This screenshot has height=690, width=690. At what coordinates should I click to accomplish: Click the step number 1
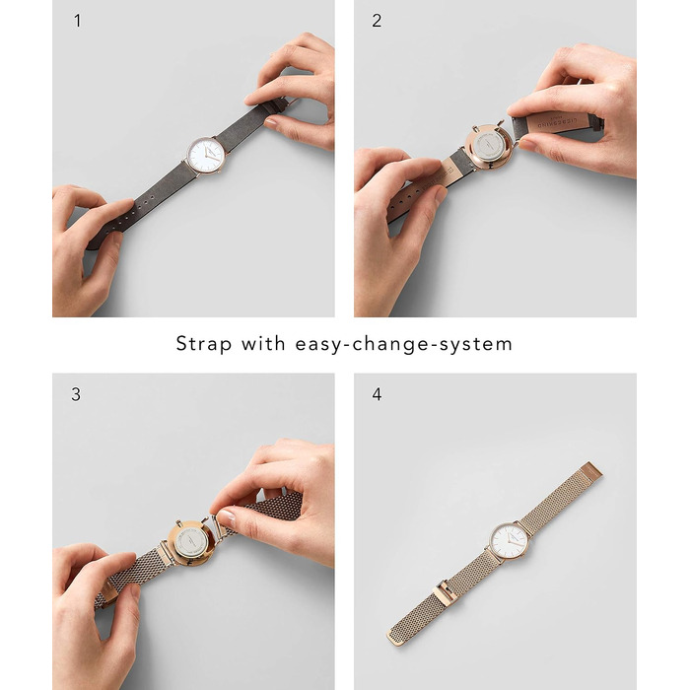click(78, 21)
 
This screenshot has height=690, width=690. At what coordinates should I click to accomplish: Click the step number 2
click(377, 21)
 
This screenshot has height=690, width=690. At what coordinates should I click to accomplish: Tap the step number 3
click(76, 394)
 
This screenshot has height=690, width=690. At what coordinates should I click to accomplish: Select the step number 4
click(377, 394)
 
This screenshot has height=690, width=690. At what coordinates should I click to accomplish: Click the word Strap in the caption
click(204, 344)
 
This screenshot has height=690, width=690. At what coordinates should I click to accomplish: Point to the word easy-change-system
click(404, 344)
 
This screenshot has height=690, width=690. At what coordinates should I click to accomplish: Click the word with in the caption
click(263, 343)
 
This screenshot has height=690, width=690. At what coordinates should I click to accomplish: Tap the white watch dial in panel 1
click(206, 156)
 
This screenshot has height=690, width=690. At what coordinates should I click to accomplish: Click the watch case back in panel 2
click(489, 148)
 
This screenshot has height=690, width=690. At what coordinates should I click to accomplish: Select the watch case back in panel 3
click(191, 543)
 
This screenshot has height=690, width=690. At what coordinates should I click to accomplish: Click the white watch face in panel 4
click(510, 541)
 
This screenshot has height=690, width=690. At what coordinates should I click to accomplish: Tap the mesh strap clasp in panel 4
click(446, 591)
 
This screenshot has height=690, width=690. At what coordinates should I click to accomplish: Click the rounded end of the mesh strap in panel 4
click(395, 639)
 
